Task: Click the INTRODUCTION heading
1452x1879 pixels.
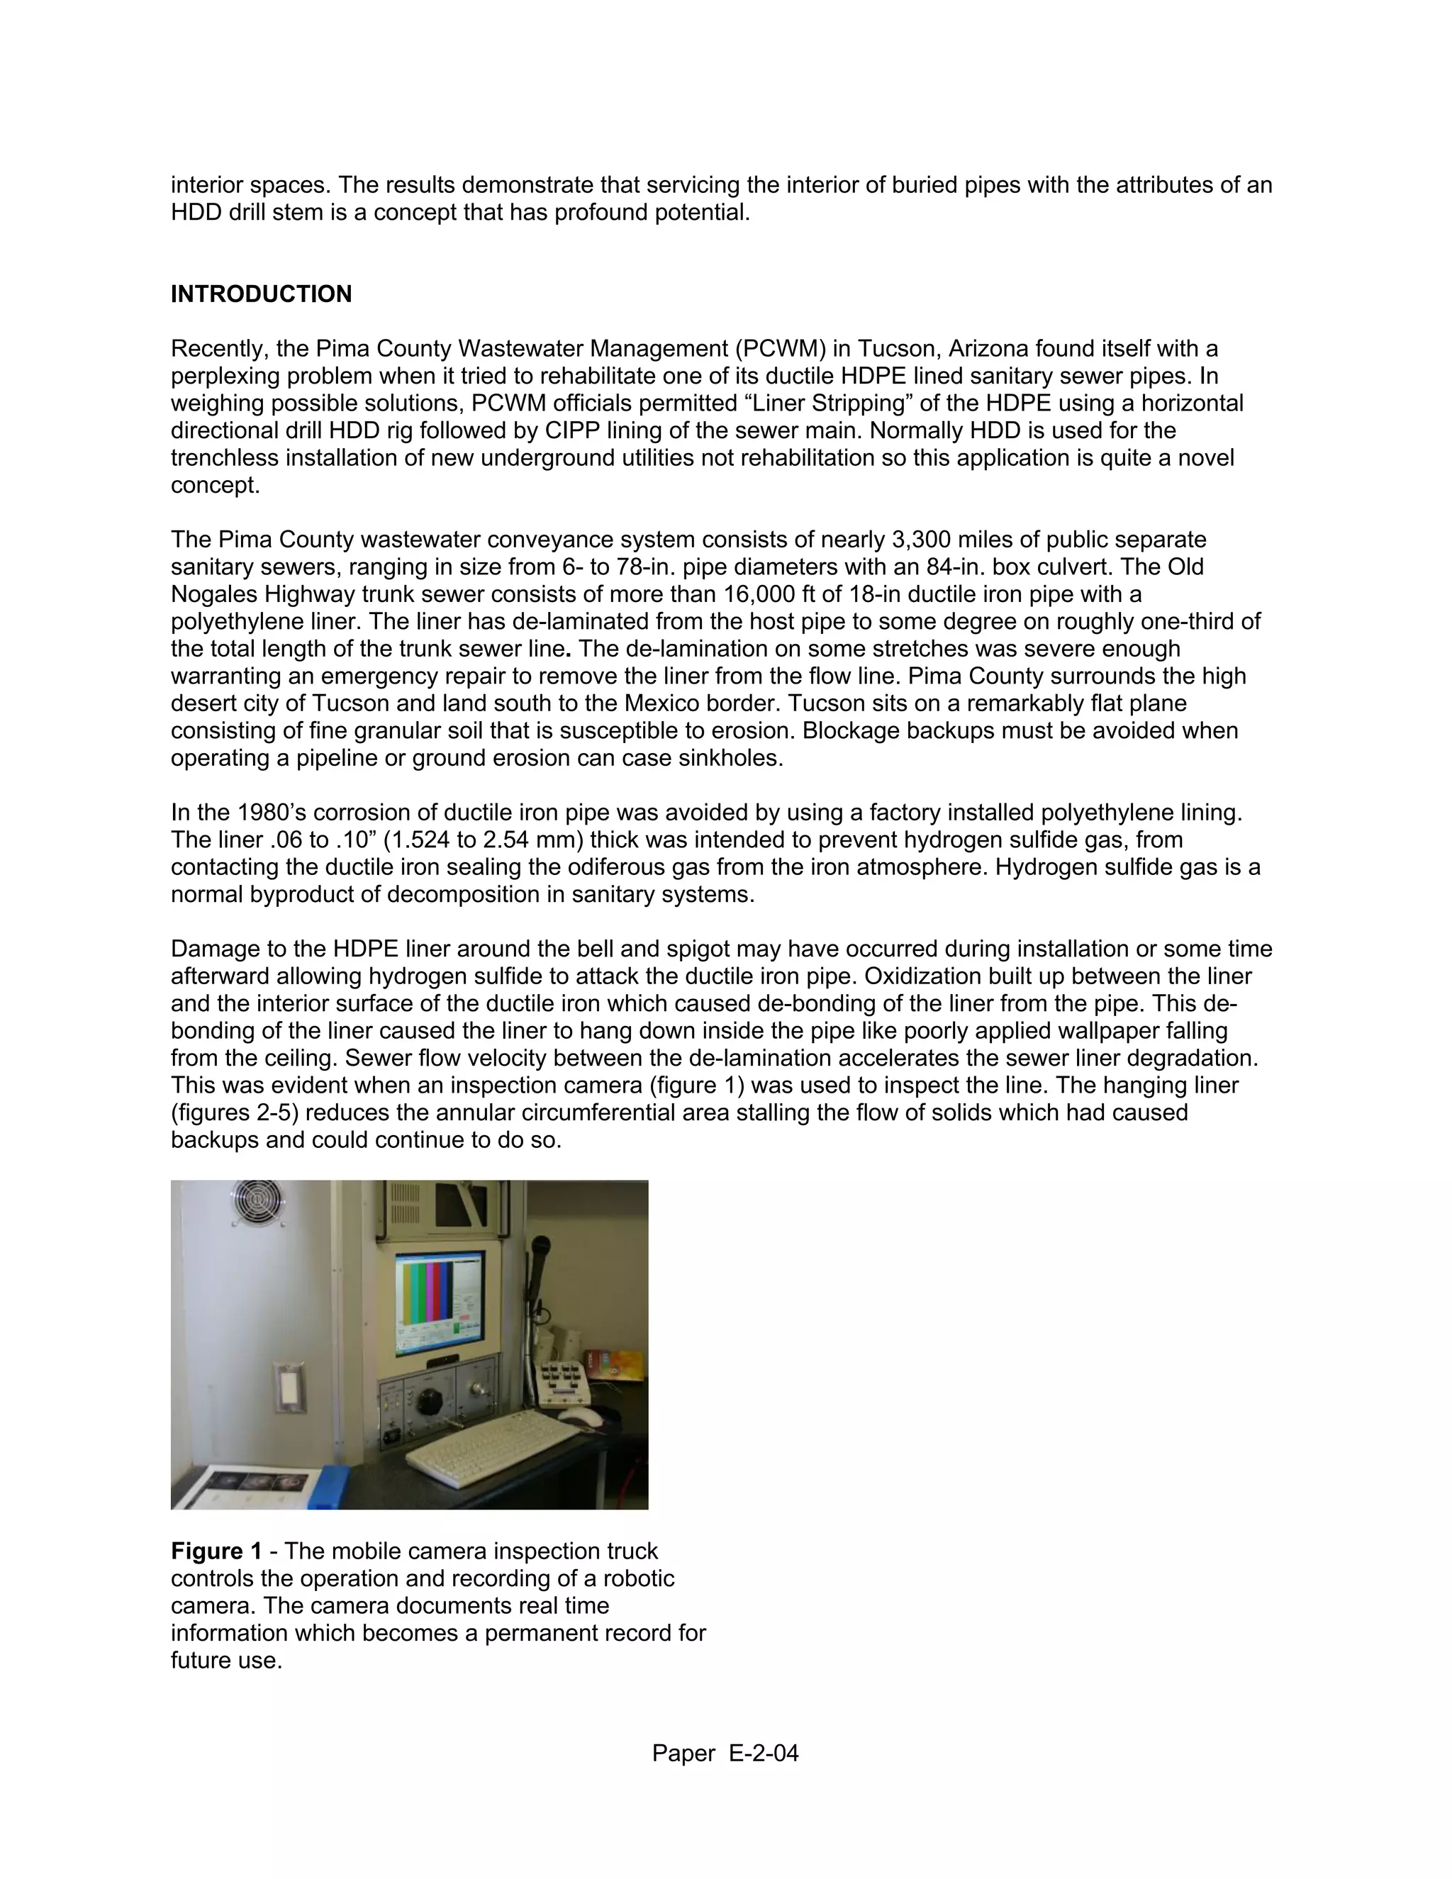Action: pos(261,294)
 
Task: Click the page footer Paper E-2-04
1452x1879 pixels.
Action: pos(725,1753)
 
